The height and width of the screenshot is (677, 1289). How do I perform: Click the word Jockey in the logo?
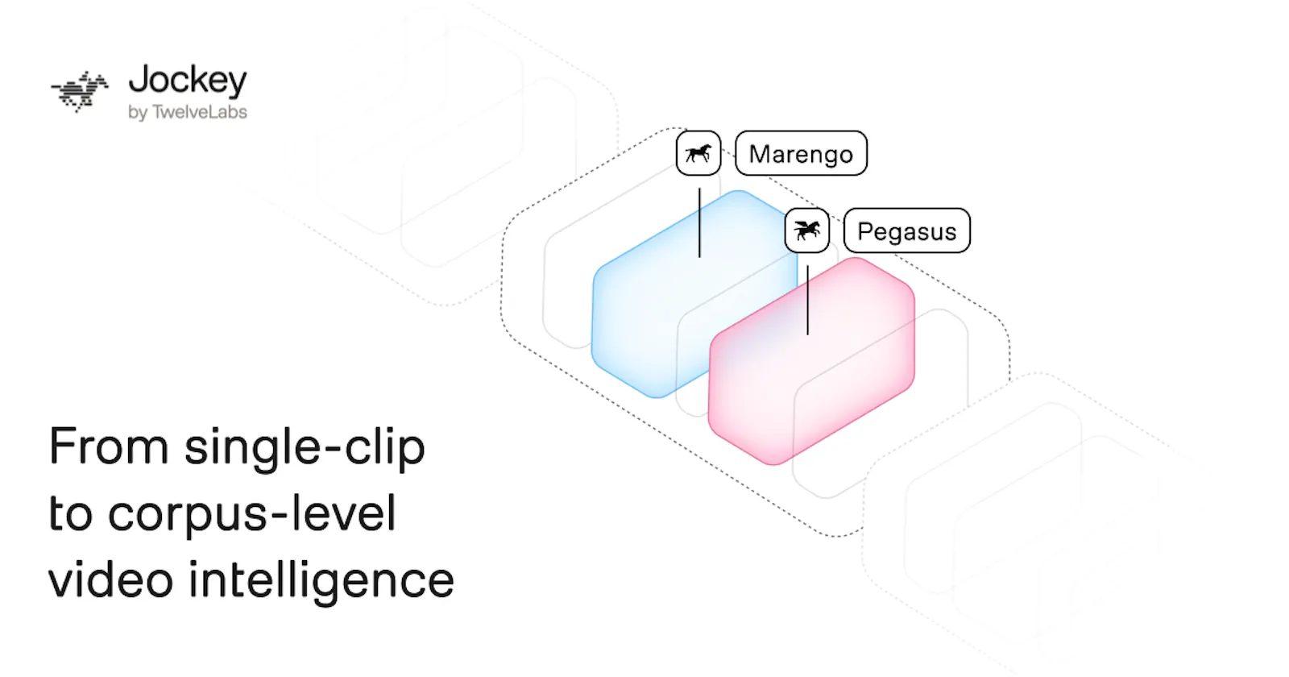pyautogui.click(x=188, y=81)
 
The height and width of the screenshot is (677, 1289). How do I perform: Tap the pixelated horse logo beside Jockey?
pyautogui.click(x=80, y=92)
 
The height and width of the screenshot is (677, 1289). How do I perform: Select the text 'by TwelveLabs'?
pyautogui.click(x=188, y=112)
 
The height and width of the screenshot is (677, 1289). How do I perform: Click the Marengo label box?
pyautogui.click(x=801, y=153)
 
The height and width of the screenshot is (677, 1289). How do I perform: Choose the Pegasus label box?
pyautogui.click(x=907, y=231)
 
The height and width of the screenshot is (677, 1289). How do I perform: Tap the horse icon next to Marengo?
pyautogui.click(x=698, y=153)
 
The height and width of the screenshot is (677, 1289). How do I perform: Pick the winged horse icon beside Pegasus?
pyautogui.click(x=806, y=231)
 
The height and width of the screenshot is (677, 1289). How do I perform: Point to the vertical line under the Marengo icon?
pyautogui.click(x=700, y=222)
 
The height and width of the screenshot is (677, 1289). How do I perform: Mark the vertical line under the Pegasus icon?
pyautogui.click(x=808, y=300)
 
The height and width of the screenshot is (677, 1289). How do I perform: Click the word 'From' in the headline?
pyautogui.click(x=109, y=446)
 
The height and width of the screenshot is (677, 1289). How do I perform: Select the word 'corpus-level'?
pyautogui.click(x=252, y=515)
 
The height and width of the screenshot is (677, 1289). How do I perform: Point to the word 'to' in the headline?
pyautogui.click(x=70, y=514)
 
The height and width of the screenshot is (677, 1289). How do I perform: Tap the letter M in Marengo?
pyautogui.click(x=761, y=154)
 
